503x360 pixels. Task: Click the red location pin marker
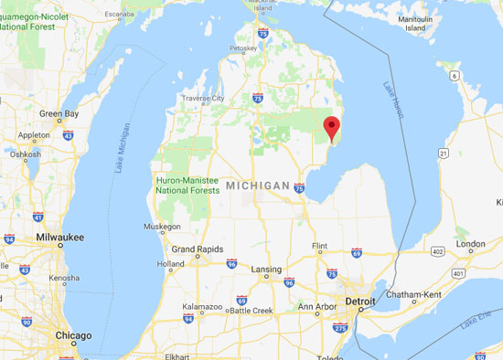click(x=332, y=128)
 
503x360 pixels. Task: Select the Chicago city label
click(x=72, y=335)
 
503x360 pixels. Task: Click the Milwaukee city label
click(x=60, y=237)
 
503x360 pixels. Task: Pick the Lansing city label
click(x=265, y=270)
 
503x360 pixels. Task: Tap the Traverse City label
click(x=203, y=98)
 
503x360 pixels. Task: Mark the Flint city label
click(x=319, y=245)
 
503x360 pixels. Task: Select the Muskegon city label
click(x=162, y=226)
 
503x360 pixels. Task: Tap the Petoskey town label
click(x=243, y=48)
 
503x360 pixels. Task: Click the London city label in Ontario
click(x=470, y=244)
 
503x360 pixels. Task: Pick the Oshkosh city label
click(x=25, y=154)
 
